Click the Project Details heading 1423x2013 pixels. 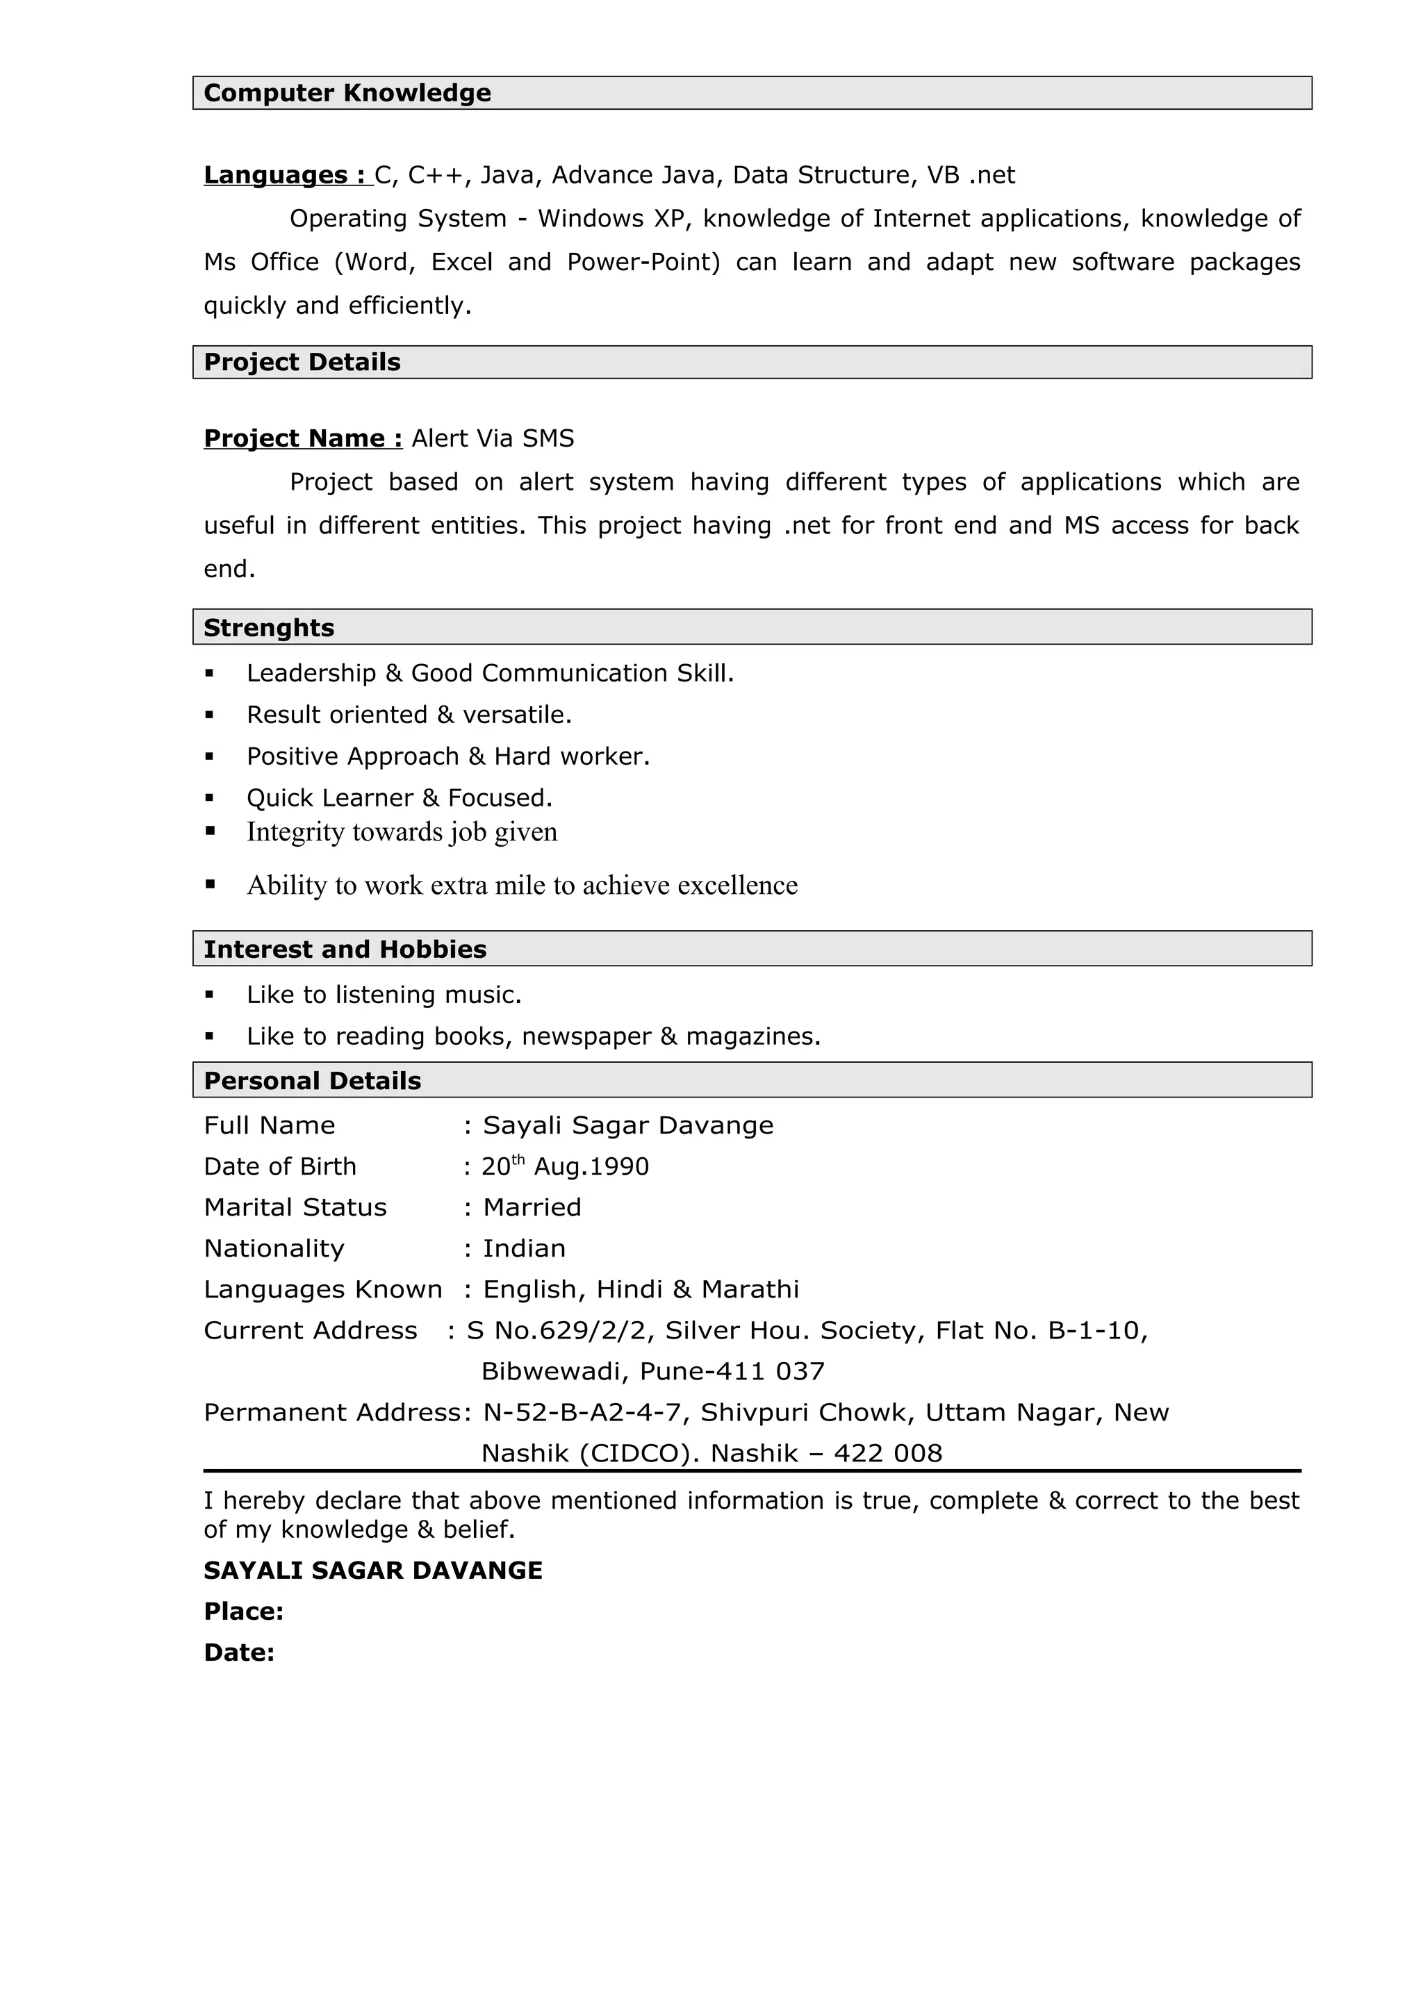[302, 362]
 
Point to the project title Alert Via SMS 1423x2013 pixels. [493, 438]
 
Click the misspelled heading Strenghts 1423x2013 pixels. [268, 628]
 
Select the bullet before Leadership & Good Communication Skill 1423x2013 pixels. [210, 673]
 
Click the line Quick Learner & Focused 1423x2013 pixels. [399, 798]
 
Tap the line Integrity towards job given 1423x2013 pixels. [402, 831]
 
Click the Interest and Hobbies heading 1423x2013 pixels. [345, 950]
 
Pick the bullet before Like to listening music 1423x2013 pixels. [210, 995]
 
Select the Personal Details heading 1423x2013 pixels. [312, 1081]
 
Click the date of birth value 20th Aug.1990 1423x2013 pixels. [565, 1167]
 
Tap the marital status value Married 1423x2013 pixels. [532, 1207]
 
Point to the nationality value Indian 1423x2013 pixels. [525, 1248]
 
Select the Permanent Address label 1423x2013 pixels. [331, 1412]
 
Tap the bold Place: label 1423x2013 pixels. [243, 1612]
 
